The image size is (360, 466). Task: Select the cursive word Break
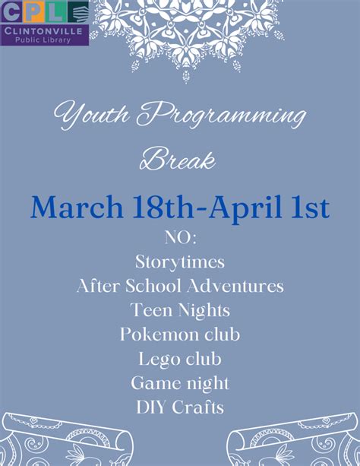[178, 160]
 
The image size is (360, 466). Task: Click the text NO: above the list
[180, 239]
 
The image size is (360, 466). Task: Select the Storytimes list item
[180, 262]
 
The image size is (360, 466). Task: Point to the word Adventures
[241, 286]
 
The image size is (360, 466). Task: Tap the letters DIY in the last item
[150, 407]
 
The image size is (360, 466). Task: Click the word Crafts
[201, 407]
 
